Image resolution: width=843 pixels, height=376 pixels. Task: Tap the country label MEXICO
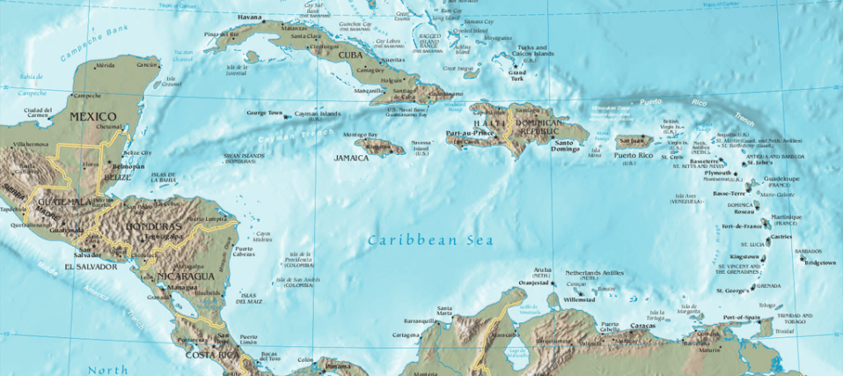coord(93,116)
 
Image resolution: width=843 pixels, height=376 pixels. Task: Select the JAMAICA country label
coord(351,159)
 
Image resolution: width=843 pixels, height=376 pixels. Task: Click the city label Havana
coord(250,17)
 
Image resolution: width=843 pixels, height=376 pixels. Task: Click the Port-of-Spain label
coord(741,317)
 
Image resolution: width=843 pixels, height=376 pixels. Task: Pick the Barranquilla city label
coord(420,321)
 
